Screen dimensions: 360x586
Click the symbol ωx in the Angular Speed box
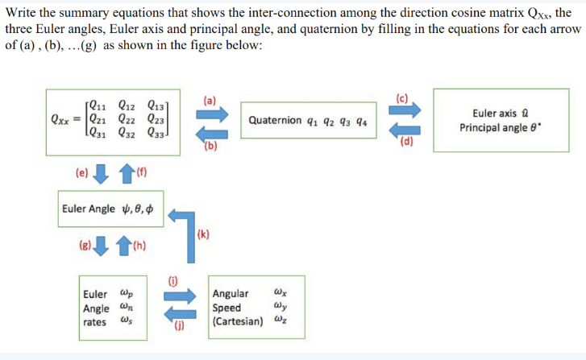pyautogui.click(x=279, y=292)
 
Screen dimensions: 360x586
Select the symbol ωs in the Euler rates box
pyautogui.click(x=126, y=321)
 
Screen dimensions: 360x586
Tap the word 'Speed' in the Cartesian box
pyautogui.click(x=226, y=307)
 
